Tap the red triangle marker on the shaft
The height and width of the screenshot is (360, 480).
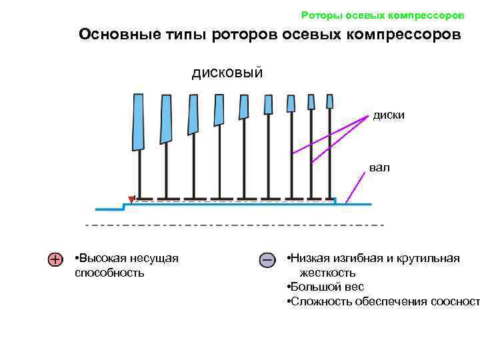pyautogui.click(x=131, y=199)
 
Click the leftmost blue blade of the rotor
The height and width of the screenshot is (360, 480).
pyautogui.click(x=138, y=122)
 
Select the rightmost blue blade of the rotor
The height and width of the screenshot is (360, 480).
pyautogui.click(x=329, y=101)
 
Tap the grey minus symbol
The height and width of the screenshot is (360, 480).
pyautogui.click(x=266, y=259)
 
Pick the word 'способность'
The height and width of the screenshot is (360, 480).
pyautogui.click(x=109, y=273)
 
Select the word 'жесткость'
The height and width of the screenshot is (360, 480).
pyautogui.click(x=327, y=273)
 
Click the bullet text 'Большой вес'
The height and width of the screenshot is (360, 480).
pyautogui.click(x=325, y=287)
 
